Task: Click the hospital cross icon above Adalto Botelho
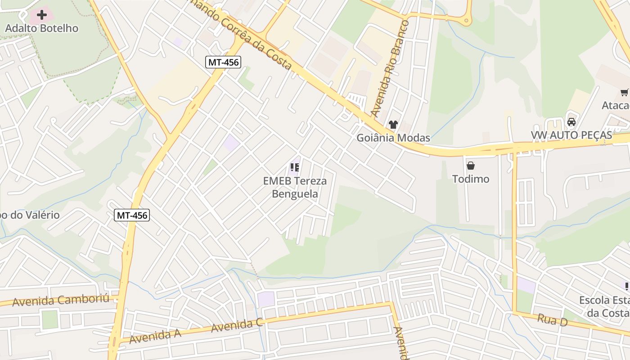(42, 15)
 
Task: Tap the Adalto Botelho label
(42, 28)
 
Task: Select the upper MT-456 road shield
(223, 62)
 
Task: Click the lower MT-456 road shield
(132, 215)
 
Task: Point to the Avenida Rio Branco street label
(390, 67)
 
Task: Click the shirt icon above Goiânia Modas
(393, 125)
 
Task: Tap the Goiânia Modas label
(393, 138)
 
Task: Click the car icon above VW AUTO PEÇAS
(571, 121)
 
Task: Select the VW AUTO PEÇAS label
(571, 135)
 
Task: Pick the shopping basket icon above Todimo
(471, 166)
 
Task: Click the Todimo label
(471, 179)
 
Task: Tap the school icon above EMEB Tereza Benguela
(295, 168)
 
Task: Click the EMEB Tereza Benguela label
(295, 188)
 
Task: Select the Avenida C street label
(237, 325)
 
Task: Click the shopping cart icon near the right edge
(624, 93)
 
